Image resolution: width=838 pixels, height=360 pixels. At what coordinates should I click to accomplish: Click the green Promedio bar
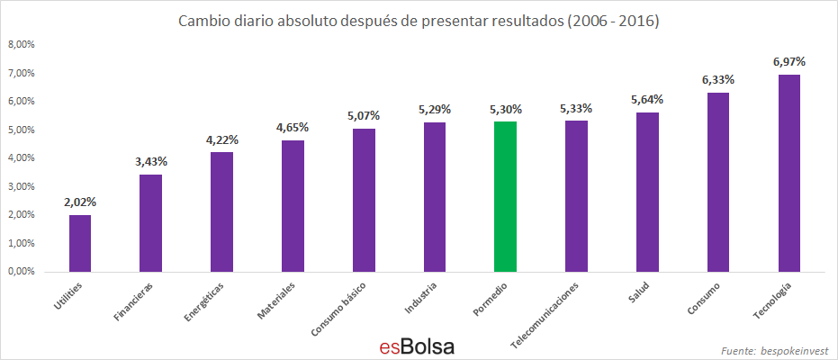click(505, 196)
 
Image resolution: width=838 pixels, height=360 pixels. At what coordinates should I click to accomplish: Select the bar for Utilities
click(80, 243)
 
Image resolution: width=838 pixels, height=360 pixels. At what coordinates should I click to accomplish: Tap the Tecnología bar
click(788, 173)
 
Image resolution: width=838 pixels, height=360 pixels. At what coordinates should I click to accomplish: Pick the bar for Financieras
click(150, 223)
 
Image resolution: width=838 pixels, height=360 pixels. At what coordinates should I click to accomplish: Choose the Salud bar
click(647, 192)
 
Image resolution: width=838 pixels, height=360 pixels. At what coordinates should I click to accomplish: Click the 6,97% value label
click(788, 62)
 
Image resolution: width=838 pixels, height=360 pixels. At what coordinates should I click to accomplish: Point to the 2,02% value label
click(80, 202)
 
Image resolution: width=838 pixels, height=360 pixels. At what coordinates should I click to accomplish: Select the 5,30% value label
click(505, 109)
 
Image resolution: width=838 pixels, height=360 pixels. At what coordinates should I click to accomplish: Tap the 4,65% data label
click(293, 128)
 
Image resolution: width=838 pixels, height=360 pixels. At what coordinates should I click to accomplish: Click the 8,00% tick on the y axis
click(21, 44)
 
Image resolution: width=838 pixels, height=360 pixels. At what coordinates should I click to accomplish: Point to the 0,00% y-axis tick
click(21, 272)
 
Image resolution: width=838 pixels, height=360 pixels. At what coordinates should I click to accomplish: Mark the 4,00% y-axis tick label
click(21, 158)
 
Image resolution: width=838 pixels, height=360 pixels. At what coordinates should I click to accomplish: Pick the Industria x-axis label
click(422, 298)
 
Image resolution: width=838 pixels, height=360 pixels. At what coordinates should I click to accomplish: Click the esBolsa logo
click(416, 346)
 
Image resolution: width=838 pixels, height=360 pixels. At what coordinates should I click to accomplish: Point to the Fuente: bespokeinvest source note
click(774, 349)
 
